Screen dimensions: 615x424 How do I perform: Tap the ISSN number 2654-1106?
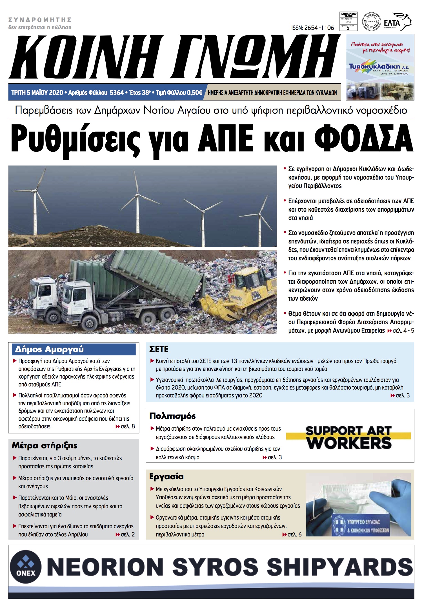tap(312, 28)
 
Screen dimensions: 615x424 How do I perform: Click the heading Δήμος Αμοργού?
tap(49, 349)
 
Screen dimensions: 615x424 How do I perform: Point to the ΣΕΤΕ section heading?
tap(159, 349)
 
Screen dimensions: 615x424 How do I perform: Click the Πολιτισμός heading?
tap(172, 416)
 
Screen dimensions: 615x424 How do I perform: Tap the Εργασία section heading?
tap(167, 477)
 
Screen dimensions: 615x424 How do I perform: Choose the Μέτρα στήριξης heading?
tap(45, 446)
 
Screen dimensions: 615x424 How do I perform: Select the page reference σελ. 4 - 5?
tap(403, 331)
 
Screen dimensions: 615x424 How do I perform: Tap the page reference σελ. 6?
tap(294, 535)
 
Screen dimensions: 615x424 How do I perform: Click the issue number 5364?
tap(117, 93)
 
